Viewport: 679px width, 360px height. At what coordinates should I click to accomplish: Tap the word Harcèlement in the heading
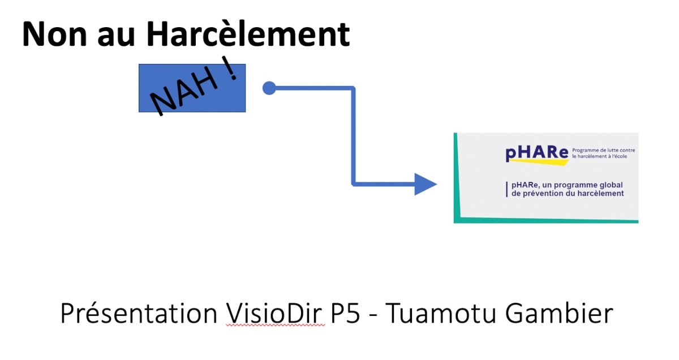click(x=248, y=33)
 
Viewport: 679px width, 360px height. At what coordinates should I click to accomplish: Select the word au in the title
click(x=116, y=37)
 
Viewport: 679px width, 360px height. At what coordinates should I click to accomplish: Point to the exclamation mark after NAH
click(x=230, y=68)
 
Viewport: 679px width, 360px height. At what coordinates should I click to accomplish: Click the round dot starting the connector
click(x=269, y=88)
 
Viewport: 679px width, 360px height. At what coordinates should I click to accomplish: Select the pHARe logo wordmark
click(x=537, y=153)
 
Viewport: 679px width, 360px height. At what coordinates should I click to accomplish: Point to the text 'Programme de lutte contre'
click(x=604, y=150)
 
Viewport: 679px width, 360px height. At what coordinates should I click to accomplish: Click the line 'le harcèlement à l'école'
click(x=600, y=156)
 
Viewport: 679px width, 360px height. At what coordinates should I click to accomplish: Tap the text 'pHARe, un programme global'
click(x=567, y=185)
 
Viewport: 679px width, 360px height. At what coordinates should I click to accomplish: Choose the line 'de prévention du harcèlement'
click(x=568, y=194)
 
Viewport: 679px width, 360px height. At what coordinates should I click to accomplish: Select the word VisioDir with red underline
click(x=274, y=313)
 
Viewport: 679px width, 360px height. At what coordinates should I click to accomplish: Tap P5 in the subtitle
click(x=345, y=314)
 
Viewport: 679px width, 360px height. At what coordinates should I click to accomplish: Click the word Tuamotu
click(x=441, y=314)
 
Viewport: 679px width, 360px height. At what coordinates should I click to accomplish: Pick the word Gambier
click(x=559, y=313)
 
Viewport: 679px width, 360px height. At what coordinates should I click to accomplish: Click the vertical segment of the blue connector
click(x=353, y=136)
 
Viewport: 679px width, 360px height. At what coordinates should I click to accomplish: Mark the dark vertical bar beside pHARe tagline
click(x=507, y=190)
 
